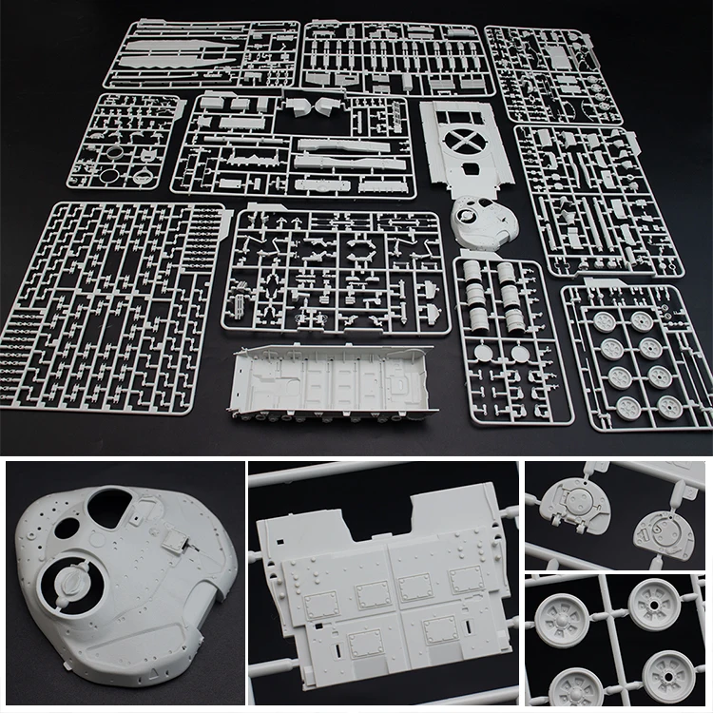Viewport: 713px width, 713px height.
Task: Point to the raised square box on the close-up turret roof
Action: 174,539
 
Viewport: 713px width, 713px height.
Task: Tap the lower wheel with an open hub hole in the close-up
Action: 668,677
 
